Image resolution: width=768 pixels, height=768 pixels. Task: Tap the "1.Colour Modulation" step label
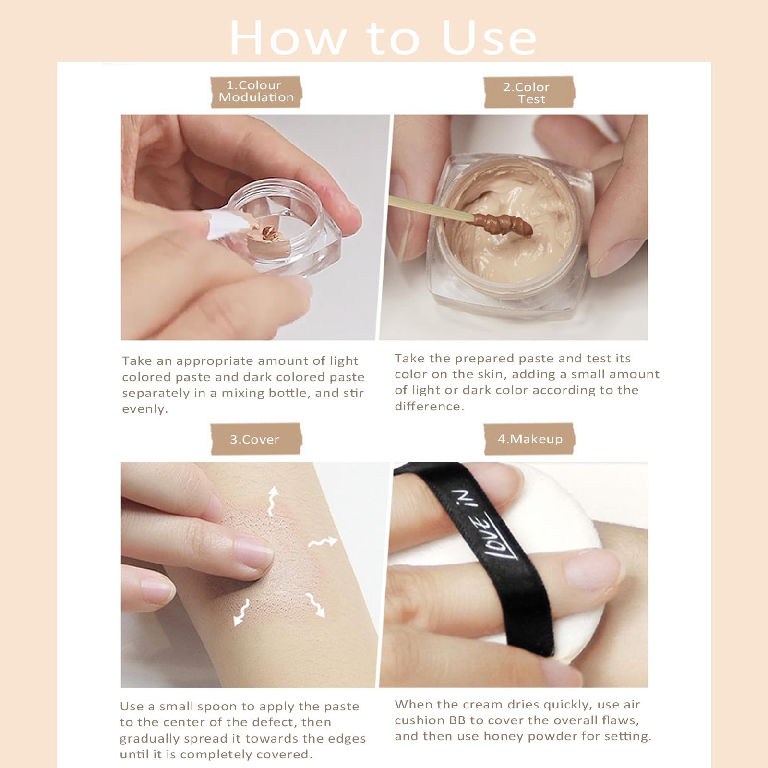256,91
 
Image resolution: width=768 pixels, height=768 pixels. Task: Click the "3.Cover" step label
255,439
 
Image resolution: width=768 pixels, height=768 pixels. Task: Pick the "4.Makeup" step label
529,439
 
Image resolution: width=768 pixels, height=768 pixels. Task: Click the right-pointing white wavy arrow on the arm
323,542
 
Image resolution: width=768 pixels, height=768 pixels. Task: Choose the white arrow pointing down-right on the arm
315,605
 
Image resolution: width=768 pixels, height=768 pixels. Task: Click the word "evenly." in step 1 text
145,409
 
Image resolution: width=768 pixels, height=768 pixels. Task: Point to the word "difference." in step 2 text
430,407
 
